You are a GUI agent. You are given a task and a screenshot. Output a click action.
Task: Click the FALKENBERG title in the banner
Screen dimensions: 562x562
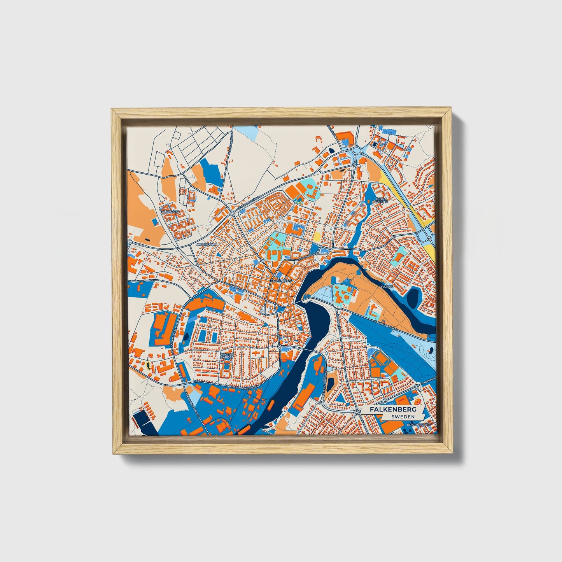point(393,410)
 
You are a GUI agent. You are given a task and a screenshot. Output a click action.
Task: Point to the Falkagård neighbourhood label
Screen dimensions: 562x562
point(170,212)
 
